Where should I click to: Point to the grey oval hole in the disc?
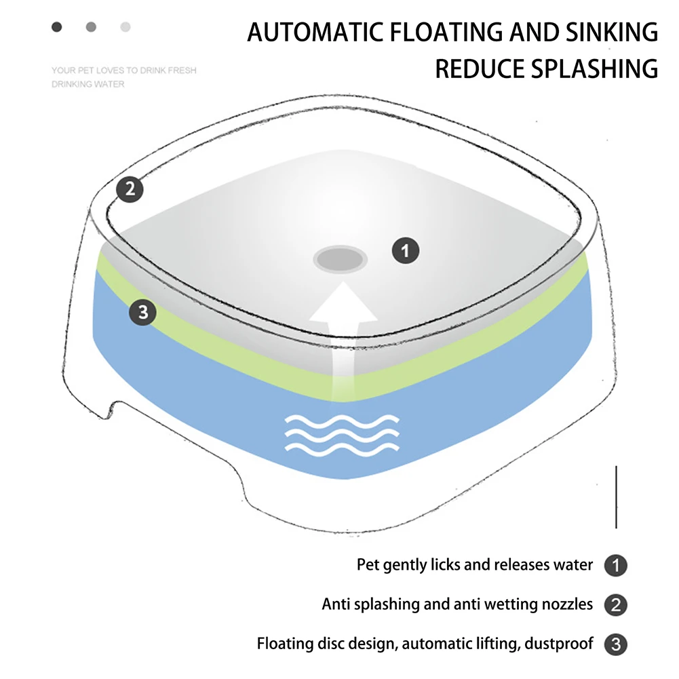pyautogui.click(x=341, y=258)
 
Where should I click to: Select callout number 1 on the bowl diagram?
pyautogui.click(x=406, y=252)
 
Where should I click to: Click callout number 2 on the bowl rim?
pyautogui.click(x=130, y=189)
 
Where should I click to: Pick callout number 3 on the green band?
pyautogui.click(x=142, y=313)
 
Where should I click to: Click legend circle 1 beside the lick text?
pyautogui.click(x=615, y=566)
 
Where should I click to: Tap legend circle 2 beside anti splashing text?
pyautogui.click(x=615, y=604)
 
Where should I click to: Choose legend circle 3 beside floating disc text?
pyautogui.click(x=615, y=644)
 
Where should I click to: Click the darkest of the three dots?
pyautogui.click(x=57, y=27)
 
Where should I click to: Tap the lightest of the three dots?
pyautogui.click(x=125, y=27)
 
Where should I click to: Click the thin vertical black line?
pyautogui.click(x=616, y=497)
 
